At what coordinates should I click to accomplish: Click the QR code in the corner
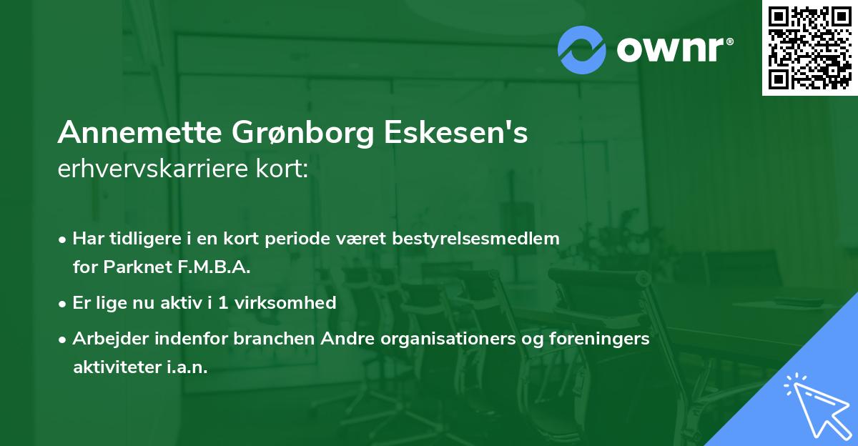tap(809, 48)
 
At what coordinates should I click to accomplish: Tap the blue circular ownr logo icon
tap(581, 49)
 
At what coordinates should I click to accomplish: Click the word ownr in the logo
tap(674, 49)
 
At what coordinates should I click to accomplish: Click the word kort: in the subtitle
tap(285, 169)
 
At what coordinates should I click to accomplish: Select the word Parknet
tap(130, 267)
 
